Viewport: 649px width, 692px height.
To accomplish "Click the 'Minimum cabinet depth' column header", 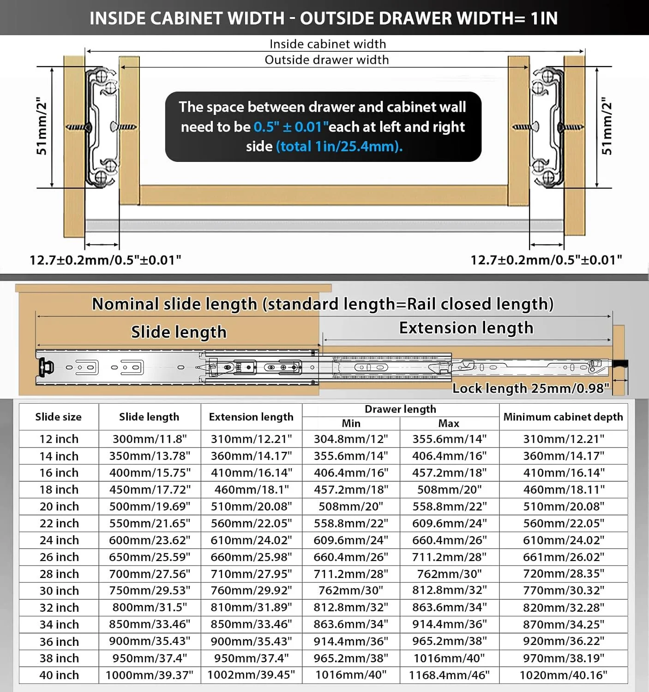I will pos(563,417).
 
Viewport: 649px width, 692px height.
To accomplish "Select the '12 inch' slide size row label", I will pos(59,439).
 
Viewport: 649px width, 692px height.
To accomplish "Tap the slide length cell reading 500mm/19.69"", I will pos(150,506).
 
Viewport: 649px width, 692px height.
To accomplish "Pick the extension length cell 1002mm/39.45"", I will pos(251,675).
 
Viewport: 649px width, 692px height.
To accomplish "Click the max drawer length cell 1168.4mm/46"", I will pos(449,675).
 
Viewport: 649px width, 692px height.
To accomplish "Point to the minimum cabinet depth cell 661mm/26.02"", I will pos(563,557).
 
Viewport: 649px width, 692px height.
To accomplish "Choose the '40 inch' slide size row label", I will pos(59,675).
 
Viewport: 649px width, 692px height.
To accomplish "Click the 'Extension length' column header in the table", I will pos(251,417).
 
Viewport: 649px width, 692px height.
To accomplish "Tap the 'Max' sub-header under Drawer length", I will pos(449,423).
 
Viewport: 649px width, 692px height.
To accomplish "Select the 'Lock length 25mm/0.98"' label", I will pos(531,388).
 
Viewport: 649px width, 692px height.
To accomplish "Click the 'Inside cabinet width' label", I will pos(328,44).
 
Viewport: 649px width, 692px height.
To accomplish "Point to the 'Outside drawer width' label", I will pos(327,60).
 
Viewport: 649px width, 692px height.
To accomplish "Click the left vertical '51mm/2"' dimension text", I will pos(42,126).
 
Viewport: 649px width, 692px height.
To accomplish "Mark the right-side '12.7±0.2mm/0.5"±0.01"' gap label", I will pos(546,260).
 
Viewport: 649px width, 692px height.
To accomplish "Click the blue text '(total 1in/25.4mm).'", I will pos(339,147).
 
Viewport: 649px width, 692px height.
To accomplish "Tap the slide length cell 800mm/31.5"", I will pos(150,608).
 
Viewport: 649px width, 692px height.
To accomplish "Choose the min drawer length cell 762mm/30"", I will pos(351,591).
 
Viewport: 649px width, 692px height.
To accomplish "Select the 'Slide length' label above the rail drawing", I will pos(179,332).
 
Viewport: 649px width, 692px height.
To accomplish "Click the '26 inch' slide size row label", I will pos(59,557).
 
